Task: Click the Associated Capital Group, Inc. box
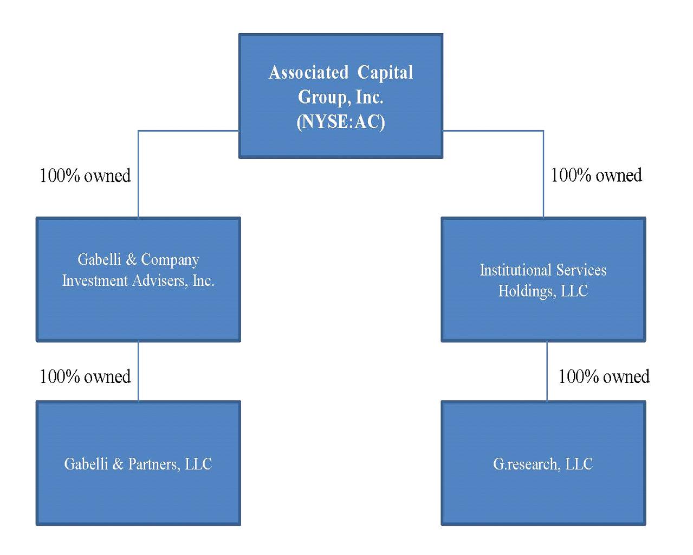click(341, 96)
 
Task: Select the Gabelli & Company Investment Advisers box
click(138, 279)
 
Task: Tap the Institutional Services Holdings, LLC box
click(543, 279)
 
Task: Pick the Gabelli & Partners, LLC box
click(138, 463)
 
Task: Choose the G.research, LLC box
click(543, 463)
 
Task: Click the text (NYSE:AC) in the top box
click(341, 122)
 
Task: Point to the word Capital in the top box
click(385, 73)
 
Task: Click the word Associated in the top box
click(308, 72)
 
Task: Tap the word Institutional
click(515, 270)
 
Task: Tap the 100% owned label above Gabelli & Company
click(85, 176)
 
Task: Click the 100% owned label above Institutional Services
click(597, 175)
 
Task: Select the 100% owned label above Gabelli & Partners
click(85, 377)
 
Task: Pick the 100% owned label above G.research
click(604, 377)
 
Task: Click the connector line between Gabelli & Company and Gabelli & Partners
click(138, 371)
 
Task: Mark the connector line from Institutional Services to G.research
click(547, 371)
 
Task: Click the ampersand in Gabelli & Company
click(131, 260)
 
